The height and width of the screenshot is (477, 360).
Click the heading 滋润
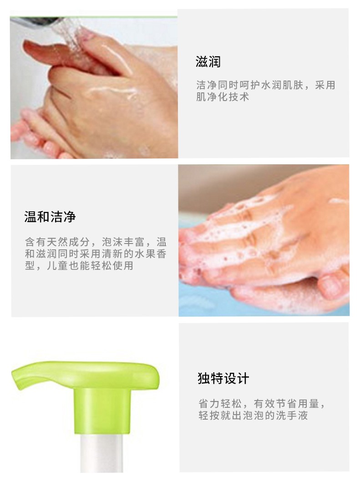(x=208, y=62)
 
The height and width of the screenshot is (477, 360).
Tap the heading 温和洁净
(x=50, y=217)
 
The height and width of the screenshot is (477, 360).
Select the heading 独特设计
(x=223, y=378)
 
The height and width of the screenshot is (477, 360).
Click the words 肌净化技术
(x=223, y=97)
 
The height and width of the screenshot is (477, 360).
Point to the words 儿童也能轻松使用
(x=90, y=265)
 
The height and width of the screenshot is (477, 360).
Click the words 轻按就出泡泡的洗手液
(x=253, y=415)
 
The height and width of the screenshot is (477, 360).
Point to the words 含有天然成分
(x=57, y=242)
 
